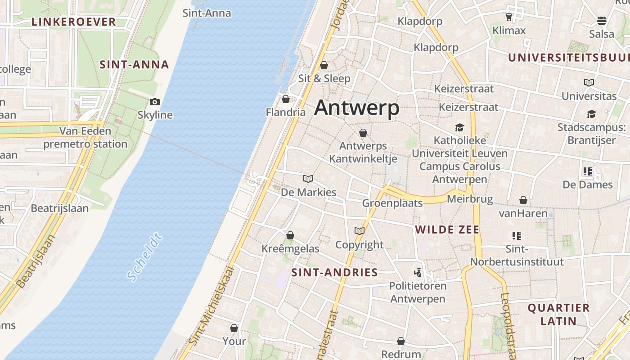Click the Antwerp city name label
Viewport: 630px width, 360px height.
point(357,108)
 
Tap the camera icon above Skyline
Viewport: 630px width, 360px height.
point(155,102)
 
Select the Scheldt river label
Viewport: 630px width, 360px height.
point(144,257)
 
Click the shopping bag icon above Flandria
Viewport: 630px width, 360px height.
point(286,99)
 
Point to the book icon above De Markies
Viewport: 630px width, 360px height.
point(308,179)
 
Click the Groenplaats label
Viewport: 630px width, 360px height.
point(392,203)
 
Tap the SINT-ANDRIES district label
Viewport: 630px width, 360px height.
point(334,272)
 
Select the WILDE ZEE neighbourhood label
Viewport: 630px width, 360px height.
point(447,229)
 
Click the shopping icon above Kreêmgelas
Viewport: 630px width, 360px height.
point(290,235)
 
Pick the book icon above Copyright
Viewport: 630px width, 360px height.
point(359,231)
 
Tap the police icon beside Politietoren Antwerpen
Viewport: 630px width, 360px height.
point(418,272)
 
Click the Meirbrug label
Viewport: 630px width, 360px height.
point(470,199)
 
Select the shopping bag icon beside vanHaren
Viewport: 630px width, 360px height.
point(523,200)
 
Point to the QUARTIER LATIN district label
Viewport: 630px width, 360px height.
point(558,315)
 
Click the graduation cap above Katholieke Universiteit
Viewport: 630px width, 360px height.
point(459,128)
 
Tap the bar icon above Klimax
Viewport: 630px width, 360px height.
point(509,17)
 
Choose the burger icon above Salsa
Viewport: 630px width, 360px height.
point(602,21)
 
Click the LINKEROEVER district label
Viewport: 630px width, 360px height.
point(74,22)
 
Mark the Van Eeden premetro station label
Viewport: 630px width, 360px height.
point(85,138)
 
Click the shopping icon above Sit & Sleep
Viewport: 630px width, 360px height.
point(324,66)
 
